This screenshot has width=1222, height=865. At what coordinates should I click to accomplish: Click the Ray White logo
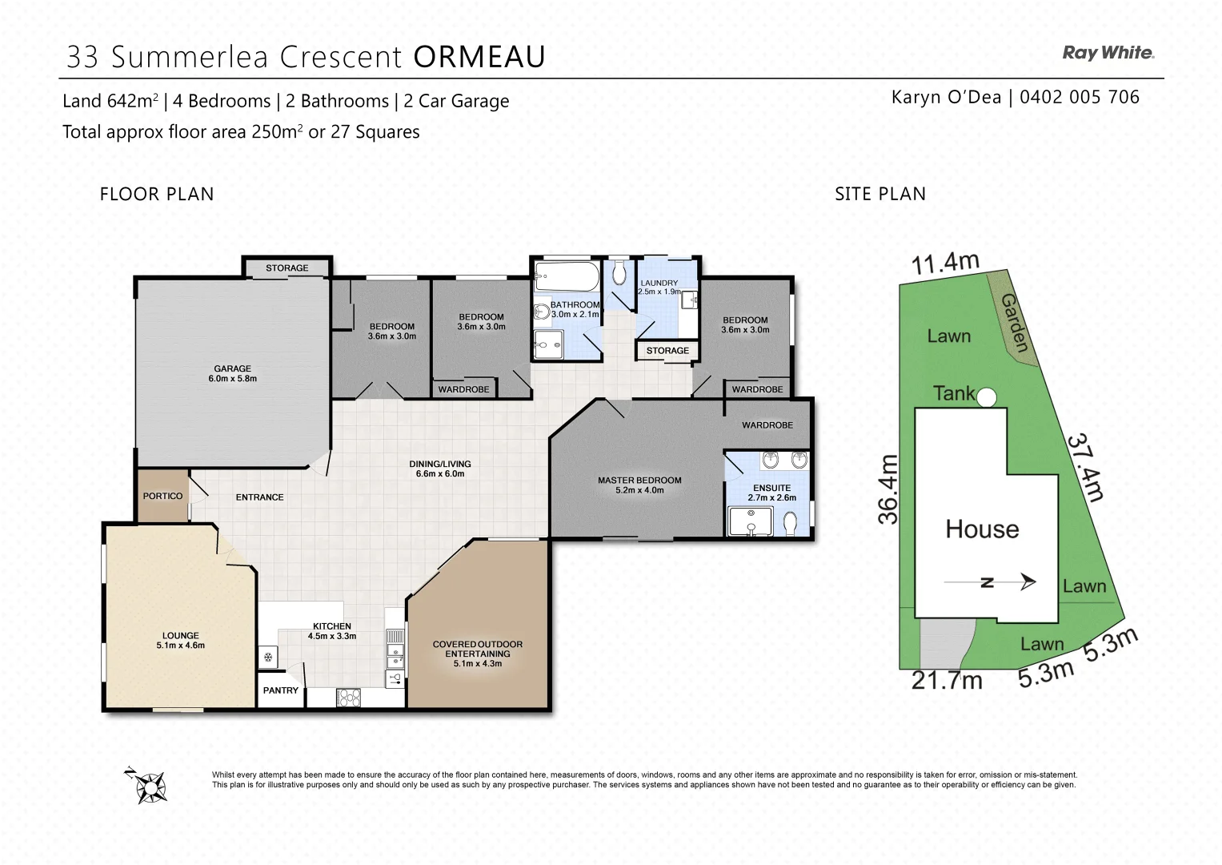click(1108, 53)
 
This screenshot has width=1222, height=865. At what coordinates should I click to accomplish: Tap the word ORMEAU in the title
click(479, 56)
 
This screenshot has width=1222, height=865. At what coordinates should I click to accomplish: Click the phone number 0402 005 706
click(1080, 97)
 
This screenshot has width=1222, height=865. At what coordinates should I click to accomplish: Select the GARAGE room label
click(232, 368)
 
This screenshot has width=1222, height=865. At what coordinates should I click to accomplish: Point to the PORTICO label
click(162, 496)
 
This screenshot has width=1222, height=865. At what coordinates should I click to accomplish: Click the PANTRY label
click(280, 690)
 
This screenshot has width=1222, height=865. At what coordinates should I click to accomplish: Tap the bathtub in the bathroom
click(567, 276)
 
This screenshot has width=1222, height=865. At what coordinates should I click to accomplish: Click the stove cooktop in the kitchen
click(349, 698)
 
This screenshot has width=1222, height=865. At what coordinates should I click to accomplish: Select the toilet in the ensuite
click(789, 524)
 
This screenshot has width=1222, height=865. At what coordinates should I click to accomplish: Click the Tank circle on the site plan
click(986, 397)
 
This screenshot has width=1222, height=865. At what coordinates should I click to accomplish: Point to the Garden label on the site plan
click(1015, 323)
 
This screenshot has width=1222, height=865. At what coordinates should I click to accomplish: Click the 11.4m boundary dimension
click(945, 264)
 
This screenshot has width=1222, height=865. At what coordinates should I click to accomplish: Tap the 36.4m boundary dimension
click(887, 489)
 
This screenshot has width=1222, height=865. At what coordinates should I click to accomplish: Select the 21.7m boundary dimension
click(947, 681)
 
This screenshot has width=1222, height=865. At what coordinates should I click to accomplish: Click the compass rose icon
click(146, 785)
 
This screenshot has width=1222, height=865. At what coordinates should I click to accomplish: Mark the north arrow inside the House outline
click(990, 582)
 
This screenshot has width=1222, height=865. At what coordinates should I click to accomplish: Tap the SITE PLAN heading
click(880, 194)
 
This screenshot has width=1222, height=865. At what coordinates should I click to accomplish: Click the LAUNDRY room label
click(659, 283)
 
